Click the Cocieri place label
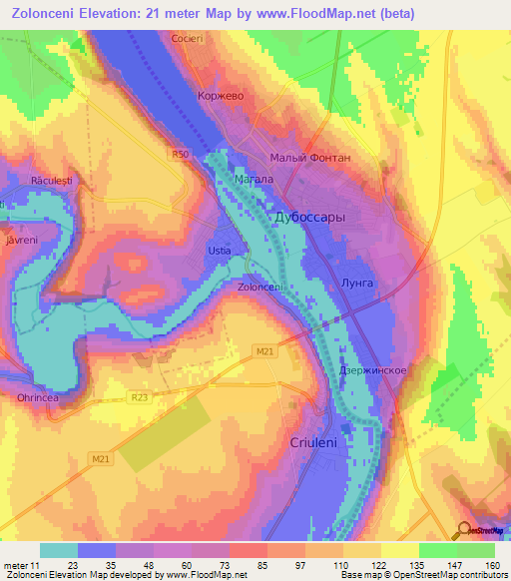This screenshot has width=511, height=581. pyautogui.click(x=188, y=37)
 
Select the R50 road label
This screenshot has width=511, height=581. pyautogui.click(x=179, y=155)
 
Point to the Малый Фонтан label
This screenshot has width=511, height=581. pyautogui.click(x=310, y=158)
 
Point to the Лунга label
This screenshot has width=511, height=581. pyautogui.click(x=356, y=284)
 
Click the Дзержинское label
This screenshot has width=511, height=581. pyautogui.click(x=371, y=370)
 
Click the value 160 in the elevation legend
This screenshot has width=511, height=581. pyautogui.click(x=493, y=564)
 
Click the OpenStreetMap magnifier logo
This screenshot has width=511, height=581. pyautogui.click(x=465, y=530)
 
